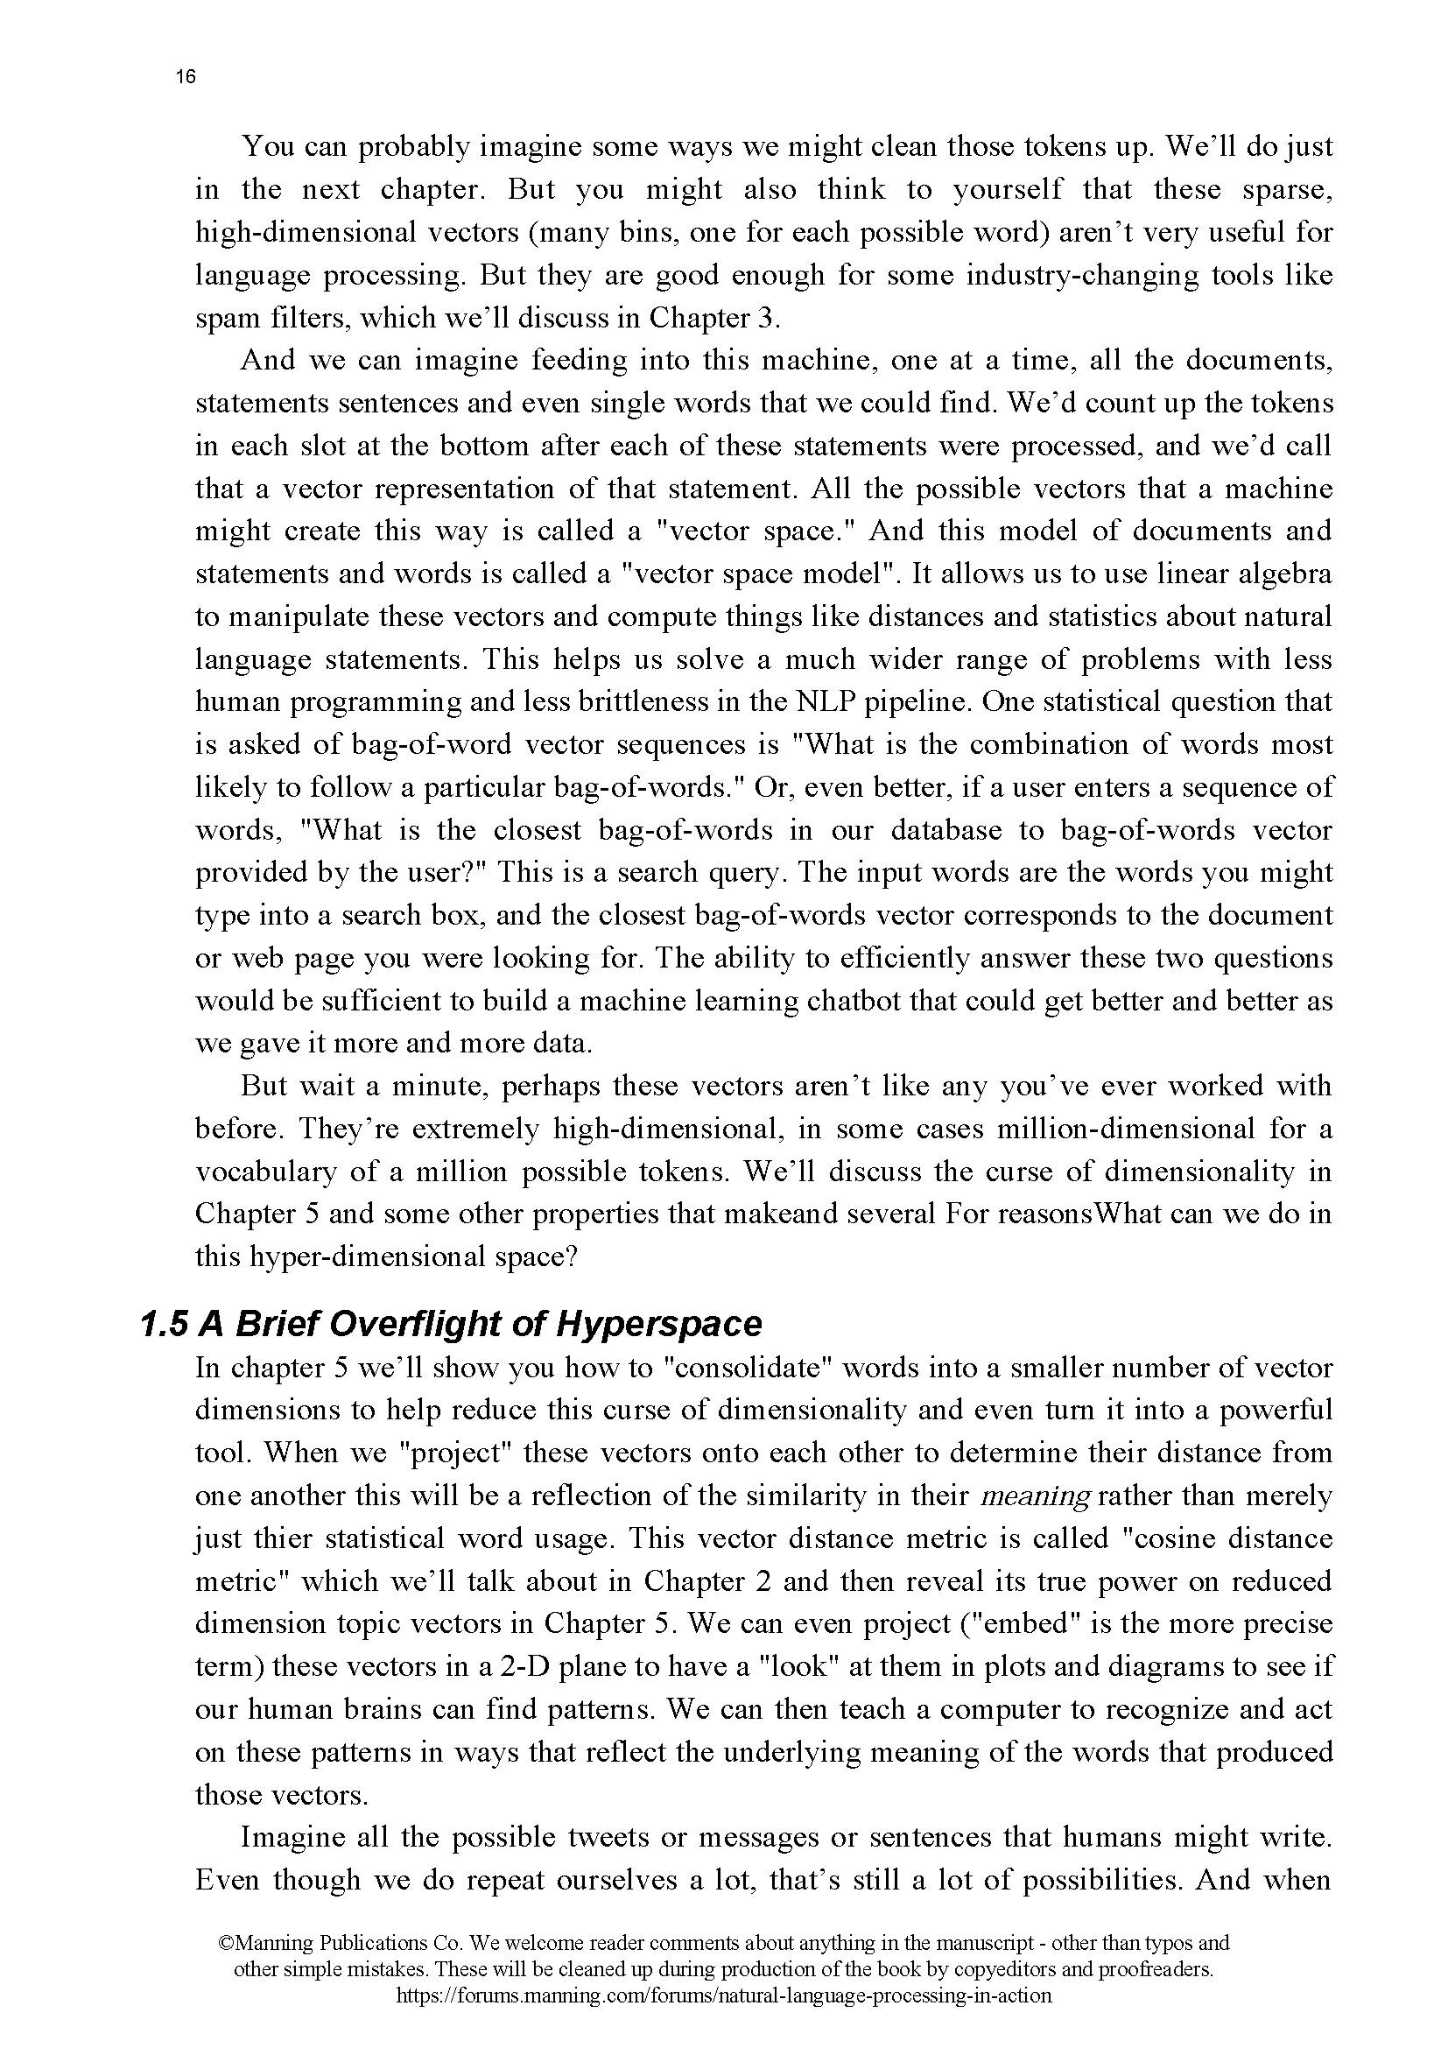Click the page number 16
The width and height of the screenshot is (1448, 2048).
click(x=186, y=77)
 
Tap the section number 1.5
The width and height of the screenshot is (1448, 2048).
click(x=164, y=1324)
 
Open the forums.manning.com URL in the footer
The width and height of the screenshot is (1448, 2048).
click(x=723, y=1996)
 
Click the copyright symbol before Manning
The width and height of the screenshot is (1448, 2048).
click(x=227, y=1943)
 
